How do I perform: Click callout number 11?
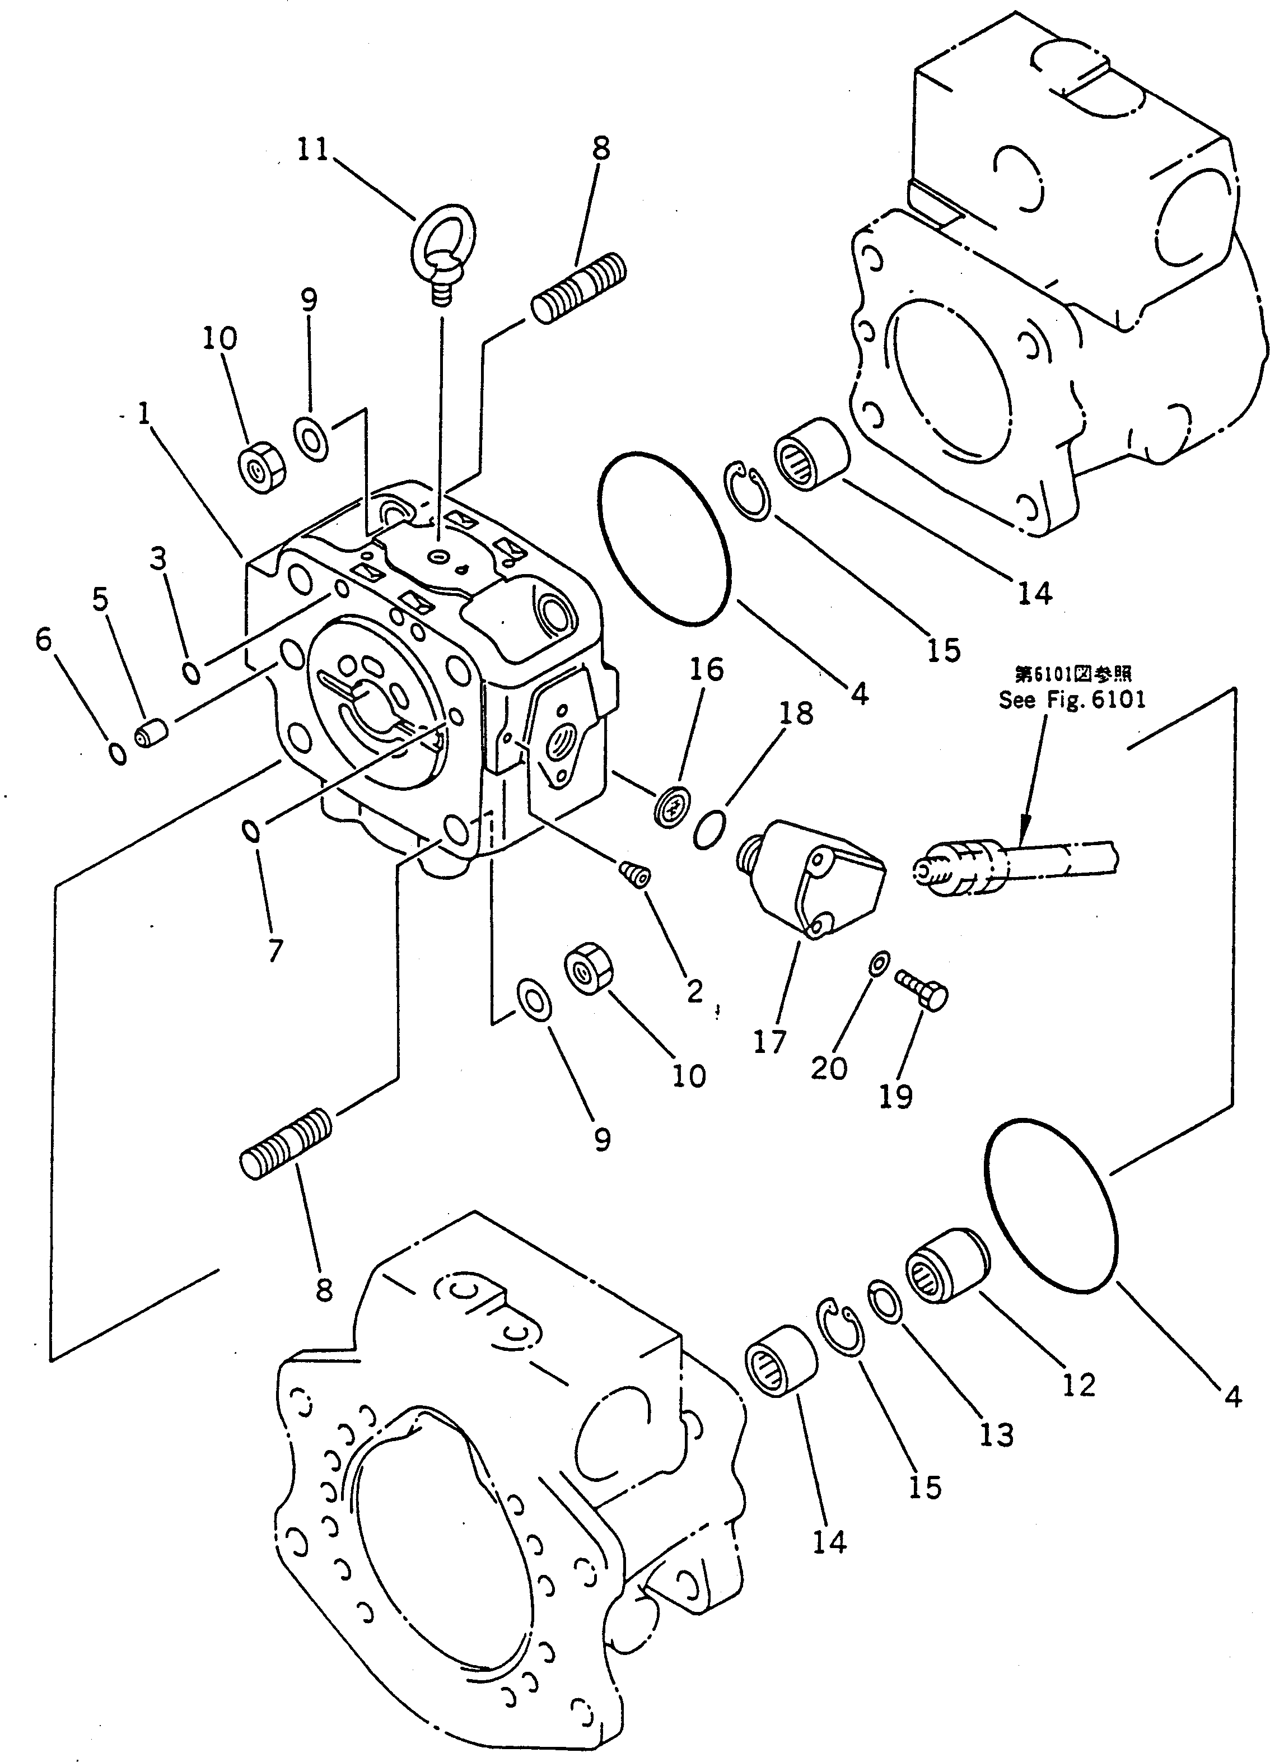click(x=313, y=149)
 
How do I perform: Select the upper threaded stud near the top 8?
click(x=578, y=289)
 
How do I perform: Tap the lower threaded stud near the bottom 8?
click(x=285, y=1144)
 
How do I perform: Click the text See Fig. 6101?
click(x=1071, y=700)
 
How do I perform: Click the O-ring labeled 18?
click(x=709, y=829)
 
